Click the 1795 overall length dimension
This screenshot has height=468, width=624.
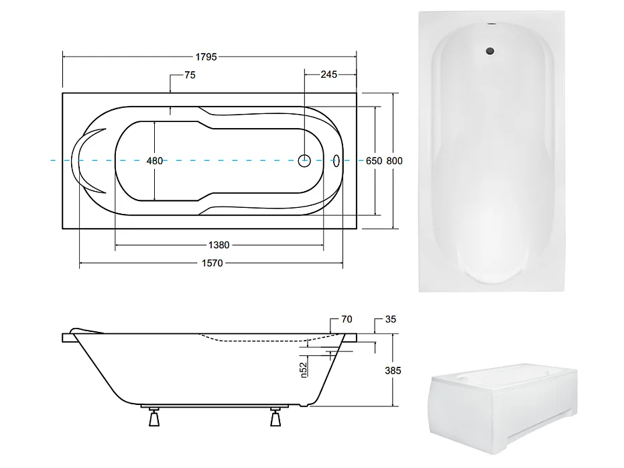(x=208, y=58)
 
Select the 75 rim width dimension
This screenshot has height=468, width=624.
(x=189, y=76)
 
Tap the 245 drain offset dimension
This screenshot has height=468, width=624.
(x=328, y=75)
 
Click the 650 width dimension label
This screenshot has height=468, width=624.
(x=373, y=161)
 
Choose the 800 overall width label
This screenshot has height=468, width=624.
(x=395, y=161)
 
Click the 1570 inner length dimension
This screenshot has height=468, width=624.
(x=212, y=264)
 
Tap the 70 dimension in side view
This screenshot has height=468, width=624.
(x=346, y=319)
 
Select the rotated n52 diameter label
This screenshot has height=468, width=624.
(x=303, y=370)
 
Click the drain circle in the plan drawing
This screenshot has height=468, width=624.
(x=304, y=160)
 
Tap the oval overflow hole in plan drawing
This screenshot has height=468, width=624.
(x=336, y=160)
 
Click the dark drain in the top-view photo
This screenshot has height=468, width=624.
(x=491, y=50)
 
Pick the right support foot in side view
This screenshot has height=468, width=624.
(x=275, y=419)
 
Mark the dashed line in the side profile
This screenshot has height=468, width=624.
(x=268, y=340)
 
